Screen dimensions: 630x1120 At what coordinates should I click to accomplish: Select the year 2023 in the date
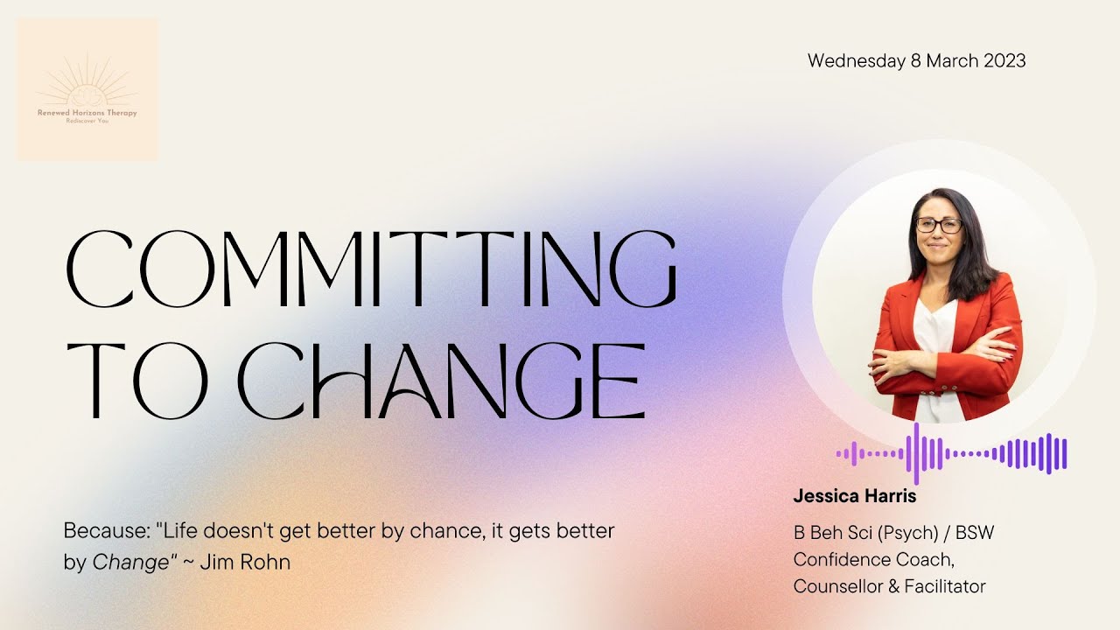click(1004, 61)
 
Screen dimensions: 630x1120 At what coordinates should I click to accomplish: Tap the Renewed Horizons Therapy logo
click(87, 89)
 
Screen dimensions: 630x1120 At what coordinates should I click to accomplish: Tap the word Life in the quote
click(182, 530)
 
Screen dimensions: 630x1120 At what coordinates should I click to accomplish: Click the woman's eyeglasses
click(939, 224)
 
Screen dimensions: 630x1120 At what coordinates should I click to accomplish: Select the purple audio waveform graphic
click(952, 453)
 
